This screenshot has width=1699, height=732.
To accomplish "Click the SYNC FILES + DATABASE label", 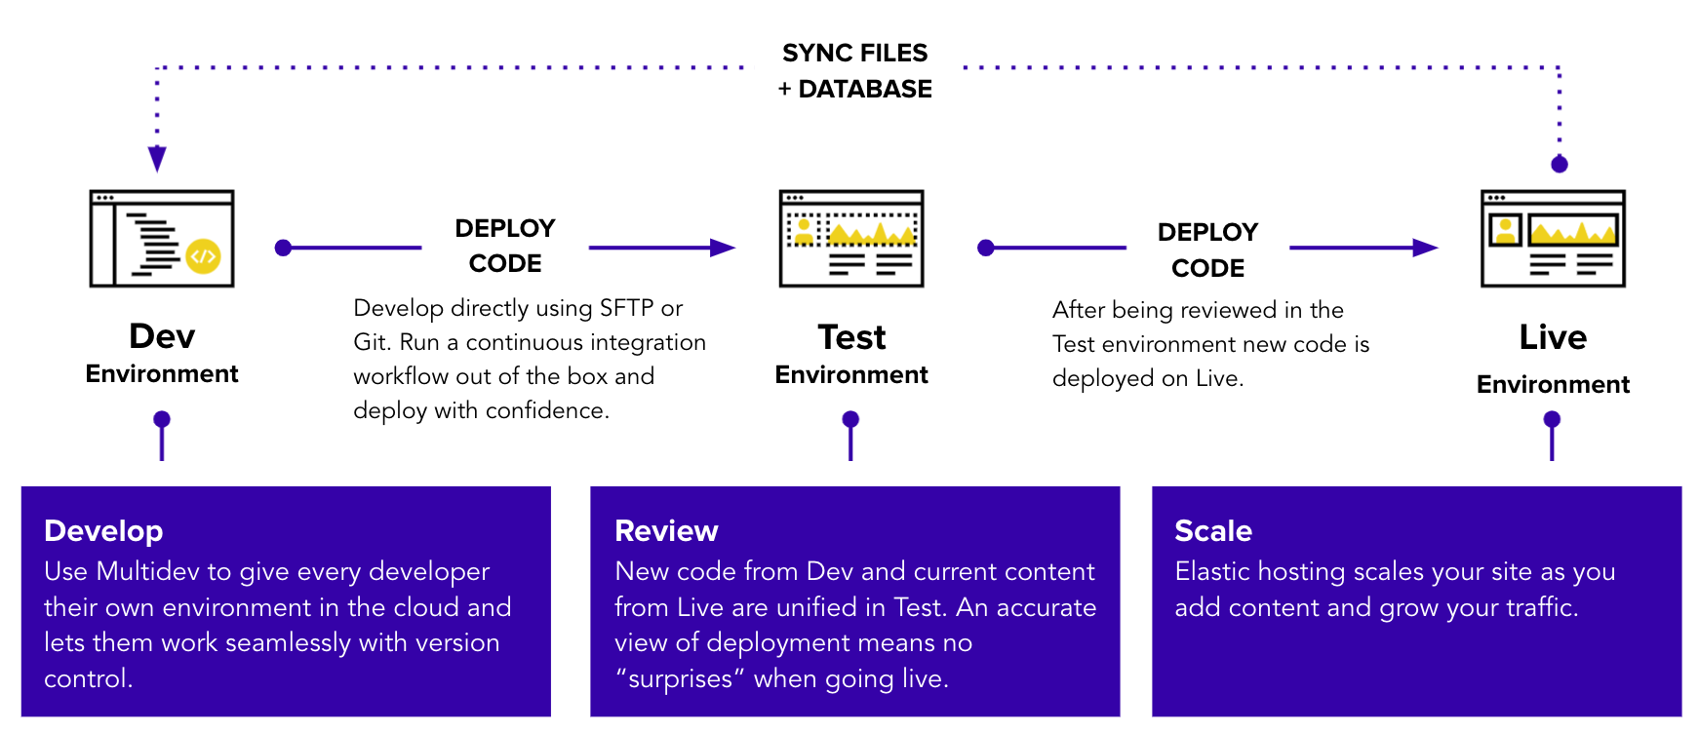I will click(855, 70).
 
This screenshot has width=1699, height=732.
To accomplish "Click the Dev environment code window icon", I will click(162, 239).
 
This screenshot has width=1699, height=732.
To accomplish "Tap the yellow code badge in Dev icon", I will click(203, 256).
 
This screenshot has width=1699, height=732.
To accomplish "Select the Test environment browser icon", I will click(851, 239).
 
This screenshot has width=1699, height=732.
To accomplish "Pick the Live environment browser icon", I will click(1553, 239).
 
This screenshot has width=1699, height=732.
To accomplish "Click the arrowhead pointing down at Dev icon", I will click(157, 159).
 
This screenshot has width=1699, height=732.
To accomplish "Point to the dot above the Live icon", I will click(1560, 164).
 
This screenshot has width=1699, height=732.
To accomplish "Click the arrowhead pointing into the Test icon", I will click(723, 248).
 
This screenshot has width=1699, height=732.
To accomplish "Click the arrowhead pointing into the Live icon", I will click(1426, 248).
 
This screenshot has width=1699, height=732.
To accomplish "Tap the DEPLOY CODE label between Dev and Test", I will click(505, 246).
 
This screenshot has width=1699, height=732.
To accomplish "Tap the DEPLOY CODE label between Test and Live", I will click(1207, 250).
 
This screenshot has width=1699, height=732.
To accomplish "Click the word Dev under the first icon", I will click(162, 336).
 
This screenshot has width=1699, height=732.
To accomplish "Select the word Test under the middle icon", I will click(851, 337).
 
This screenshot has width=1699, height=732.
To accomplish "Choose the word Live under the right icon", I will click(1553, 337).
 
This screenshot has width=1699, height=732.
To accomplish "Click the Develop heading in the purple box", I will click(103, 531).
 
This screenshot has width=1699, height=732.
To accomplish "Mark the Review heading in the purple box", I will click(666, 531).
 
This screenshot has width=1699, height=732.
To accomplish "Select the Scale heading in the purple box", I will click(1212, 531).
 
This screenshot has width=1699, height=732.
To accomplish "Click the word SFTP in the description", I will click(626, 308).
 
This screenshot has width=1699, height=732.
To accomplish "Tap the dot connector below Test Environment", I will click(850, 419).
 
